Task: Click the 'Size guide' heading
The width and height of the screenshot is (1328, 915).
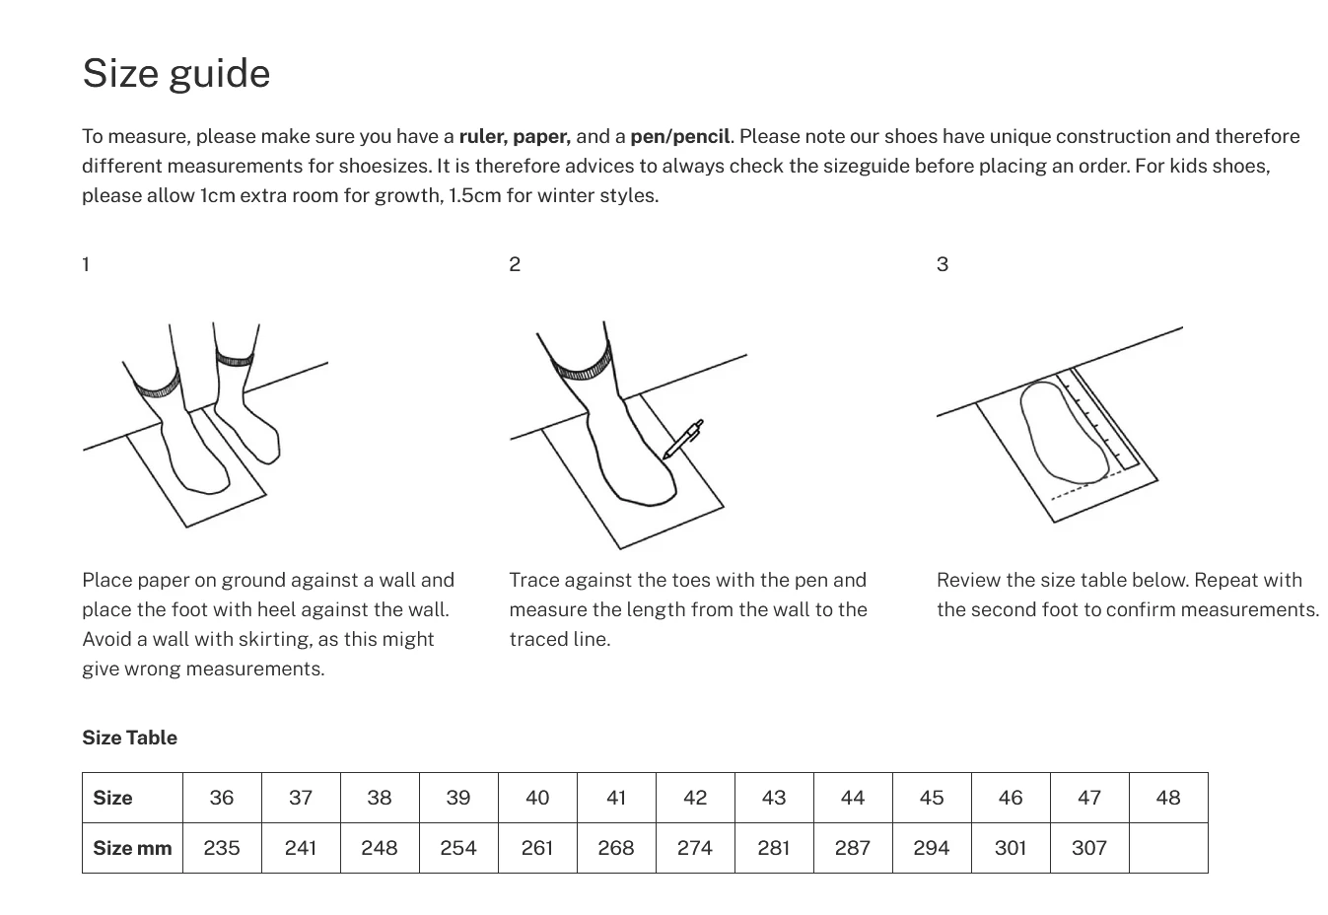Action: (x=175, y=74)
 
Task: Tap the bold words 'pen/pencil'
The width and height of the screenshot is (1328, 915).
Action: (x=679, y=136)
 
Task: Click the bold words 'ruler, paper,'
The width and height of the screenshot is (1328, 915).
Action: (x=515, y=136)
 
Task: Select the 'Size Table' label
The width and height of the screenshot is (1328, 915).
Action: (x=129, y=738)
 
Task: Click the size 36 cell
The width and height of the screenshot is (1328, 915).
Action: (x=222, y=798)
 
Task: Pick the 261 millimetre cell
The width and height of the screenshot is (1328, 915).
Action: (x=537, y=848)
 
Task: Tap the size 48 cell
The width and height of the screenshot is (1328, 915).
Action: (x=1168, y=798)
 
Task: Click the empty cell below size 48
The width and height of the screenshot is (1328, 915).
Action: (x=1168, y=848)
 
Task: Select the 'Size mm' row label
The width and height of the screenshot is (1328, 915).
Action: (x=132, y=848)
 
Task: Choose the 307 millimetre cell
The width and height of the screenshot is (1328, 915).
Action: (x=1089, y=848)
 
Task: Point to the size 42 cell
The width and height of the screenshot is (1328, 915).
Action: (x=695, y=798)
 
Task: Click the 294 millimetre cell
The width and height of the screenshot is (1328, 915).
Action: (x=932, y=848)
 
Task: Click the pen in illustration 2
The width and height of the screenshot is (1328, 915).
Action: (x=682, y=440)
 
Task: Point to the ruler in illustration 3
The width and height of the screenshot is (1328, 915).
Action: (x=1104, y=419)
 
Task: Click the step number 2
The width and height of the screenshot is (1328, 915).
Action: (x=515, y=264)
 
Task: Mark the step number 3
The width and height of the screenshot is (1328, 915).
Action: (x=943, y=264)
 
